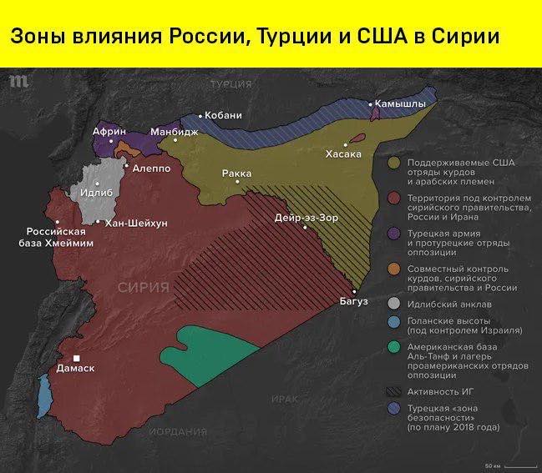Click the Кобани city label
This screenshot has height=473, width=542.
click(x=223, y=115)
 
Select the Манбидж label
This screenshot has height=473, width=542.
click(x=175, y=132)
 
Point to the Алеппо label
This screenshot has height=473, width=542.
click(x=151, y=168)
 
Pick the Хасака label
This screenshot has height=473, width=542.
click(x=343, y=154)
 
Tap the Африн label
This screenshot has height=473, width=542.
click(x=109, y=132)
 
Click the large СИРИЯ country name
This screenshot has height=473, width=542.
click(x=143, y=287)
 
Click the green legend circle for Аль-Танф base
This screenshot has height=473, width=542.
click(x=395, y=345)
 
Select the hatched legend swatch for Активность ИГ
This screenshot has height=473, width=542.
click(x=395, y=390)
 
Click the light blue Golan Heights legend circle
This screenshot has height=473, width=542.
click(x=395, y=322)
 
